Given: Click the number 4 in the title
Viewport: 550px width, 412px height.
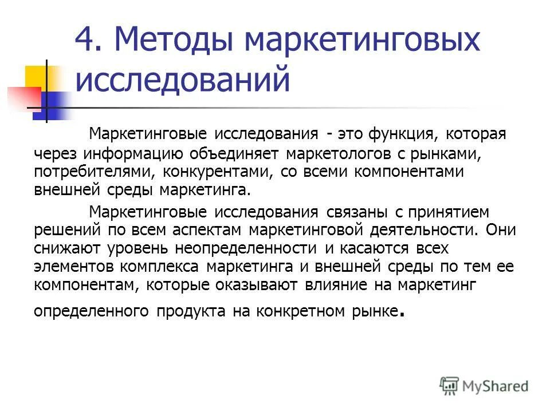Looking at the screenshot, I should [x=84, y=42].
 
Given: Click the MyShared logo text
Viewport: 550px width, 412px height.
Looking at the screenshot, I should [x=496, y=386].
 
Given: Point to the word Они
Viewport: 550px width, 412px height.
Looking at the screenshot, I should [x=500, y=231].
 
